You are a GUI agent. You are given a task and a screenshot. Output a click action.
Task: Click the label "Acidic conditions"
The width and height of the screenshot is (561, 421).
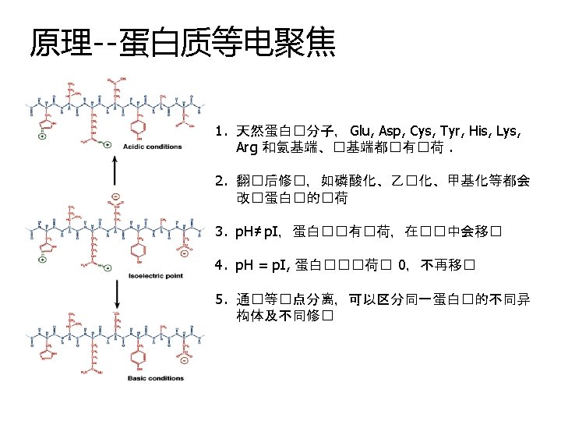click(153, 146)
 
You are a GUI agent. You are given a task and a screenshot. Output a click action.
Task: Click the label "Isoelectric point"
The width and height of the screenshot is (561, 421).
click(156, 275)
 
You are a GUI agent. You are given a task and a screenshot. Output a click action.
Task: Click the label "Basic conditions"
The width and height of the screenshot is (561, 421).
click(156, 379)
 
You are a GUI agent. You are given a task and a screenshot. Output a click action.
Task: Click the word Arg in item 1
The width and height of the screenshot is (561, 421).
click(247, 147)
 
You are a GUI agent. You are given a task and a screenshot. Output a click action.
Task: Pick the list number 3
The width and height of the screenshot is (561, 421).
click(221, 231)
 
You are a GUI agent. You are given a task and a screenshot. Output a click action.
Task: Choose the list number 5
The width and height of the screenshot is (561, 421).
click(221, 299)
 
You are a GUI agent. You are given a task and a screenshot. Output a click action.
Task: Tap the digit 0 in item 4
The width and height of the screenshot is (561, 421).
click(401, 265)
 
